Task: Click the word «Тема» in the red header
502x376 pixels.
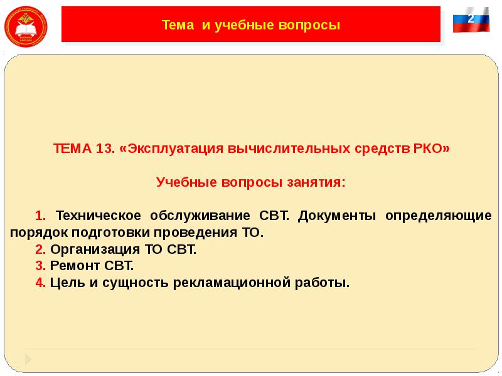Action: tap(178, 26)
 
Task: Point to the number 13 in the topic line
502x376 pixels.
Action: tap(105, 150)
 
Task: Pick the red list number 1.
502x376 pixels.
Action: tap(40, 216)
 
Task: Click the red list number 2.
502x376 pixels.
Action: tap(40, 249)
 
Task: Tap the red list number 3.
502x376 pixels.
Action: tap(40, 266)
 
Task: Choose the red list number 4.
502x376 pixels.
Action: tap(40, 283)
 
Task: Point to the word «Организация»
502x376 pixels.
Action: tap(93, 249)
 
